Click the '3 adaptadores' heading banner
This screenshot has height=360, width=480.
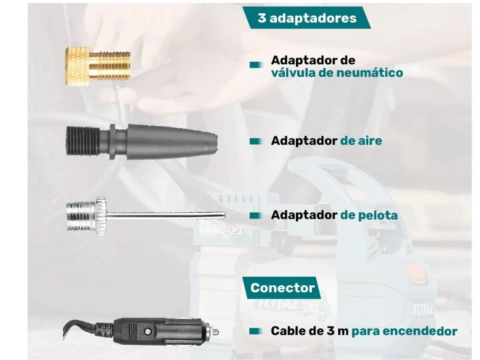[x=307, y=18]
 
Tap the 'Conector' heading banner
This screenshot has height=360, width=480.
[x=282, y=288]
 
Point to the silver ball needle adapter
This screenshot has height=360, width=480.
[x=146, y=216]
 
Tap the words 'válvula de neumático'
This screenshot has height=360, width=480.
[x=337, y=72]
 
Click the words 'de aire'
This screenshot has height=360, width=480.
[x=361, y=141]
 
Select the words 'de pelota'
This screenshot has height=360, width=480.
[x=369, y=215]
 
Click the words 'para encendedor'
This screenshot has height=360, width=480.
[x=404, y=331]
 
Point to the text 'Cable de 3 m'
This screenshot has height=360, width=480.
[x=310, y=331]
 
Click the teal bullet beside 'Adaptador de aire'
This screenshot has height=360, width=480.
[x=256, y=142]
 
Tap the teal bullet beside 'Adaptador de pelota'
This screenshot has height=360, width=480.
[x=256, y=216]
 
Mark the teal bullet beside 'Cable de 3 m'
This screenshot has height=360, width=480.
[x=256, y=331]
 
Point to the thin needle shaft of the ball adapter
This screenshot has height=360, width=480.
[x=166, y=216]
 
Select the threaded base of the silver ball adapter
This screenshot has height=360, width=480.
[x=80, y=216]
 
